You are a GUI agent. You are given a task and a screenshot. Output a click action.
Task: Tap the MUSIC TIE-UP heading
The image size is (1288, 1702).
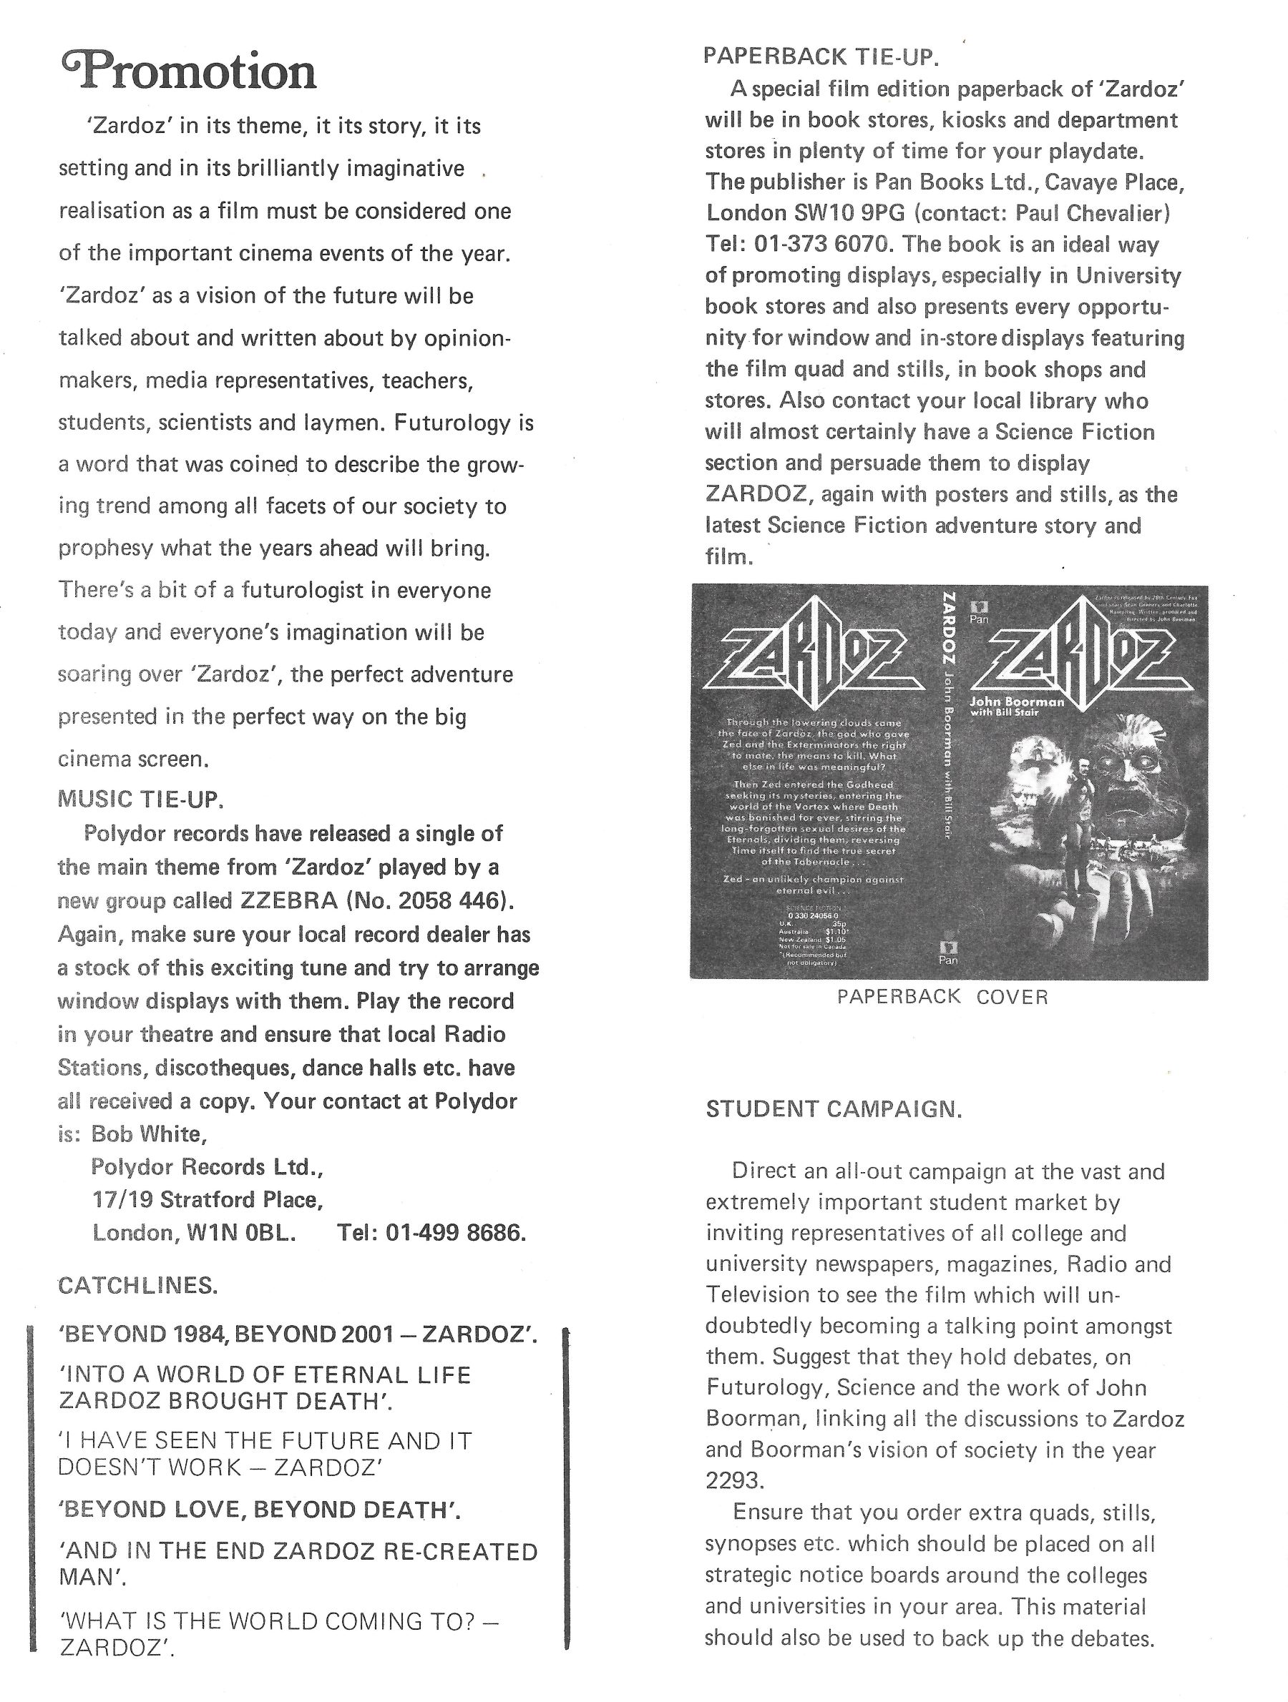141,800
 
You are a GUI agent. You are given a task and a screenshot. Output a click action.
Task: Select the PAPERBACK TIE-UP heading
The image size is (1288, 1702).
821,56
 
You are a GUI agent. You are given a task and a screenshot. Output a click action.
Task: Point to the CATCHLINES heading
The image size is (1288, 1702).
138,1286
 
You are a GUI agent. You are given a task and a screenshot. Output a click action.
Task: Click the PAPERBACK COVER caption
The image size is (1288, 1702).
942,997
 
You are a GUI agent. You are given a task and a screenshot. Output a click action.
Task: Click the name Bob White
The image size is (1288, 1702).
149,1133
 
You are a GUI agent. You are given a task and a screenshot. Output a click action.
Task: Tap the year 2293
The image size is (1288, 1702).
733,1480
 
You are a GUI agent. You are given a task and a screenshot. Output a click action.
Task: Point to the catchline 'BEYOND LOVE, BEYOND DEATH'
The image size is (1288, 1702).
260,1510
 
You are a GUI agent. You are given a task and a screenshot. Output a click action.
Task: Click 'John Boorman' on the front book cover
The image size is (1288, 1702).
1016,701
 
